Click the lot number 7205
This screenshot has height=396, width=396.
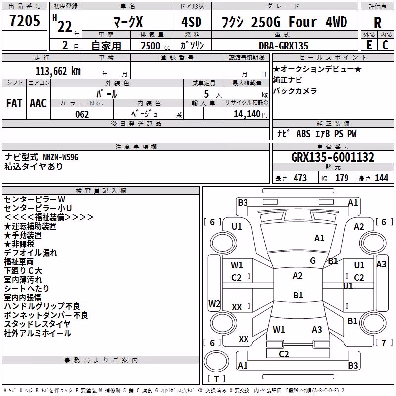pyautogui.click(x=25, y=21)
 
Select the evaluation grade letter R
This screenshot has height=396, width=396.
pyautogui.click(x=377, y=23)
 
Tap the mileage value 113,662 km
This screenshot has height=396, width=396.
pyautogui.click(x=58, y=71)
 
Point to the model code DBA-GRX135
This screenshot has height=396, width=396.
pyautogui.click(x=284, y=46)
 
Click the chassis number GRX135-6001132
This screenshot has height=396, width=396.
pyautogui.click(x=333, y=157)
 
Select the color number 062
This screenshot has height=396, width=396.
pyautogui.click(x=82, y=114)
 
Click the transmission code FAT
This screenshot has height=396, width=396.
pyautogui.click(x=14, y=103)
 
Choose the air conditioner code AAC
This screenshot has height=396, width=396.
pyautogui.click(x=38, y=103)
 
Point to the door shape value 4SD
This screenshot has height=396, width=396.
pyautogui.click(x=192, y=22)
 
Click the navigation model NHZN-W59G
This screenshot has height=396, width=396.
pyautogui.click(x=60, y=157)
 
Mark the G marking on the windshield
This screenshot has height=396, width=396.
pyautogui.click(x=313, y=261)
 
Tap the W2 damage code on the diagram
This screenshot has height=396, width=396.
pyautogui.click(x=214, y=303)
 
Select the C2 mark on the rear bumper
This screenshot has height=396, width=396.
pyautogui.click(x=284, y=354)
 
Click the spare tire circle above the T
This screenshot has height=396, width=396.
pyautogui.click(x=216, y=361)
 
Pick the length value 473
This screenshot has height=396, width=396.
pyautogui.click(x=300, y=178)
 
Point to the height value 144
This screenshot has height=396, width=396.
pyautogui.click(x=381, y=178)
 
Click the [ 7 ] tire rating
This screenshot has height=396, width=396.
pyautogui.click(x=384, y=343)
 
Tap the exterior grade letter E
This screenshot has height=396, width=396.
pyautogui.click(x=369, y=45)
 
